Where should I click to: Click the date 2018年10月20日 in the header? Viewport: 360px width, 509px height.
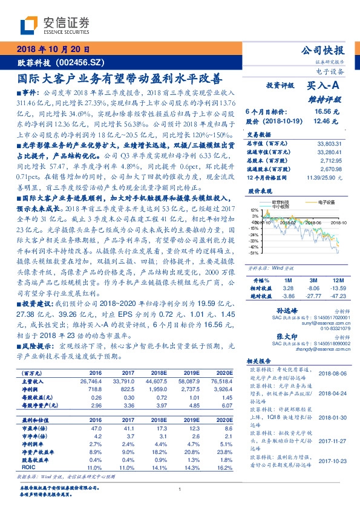(53, 50)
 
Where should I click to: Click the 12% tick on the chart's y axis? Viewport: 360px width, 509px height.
(254, 210)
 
